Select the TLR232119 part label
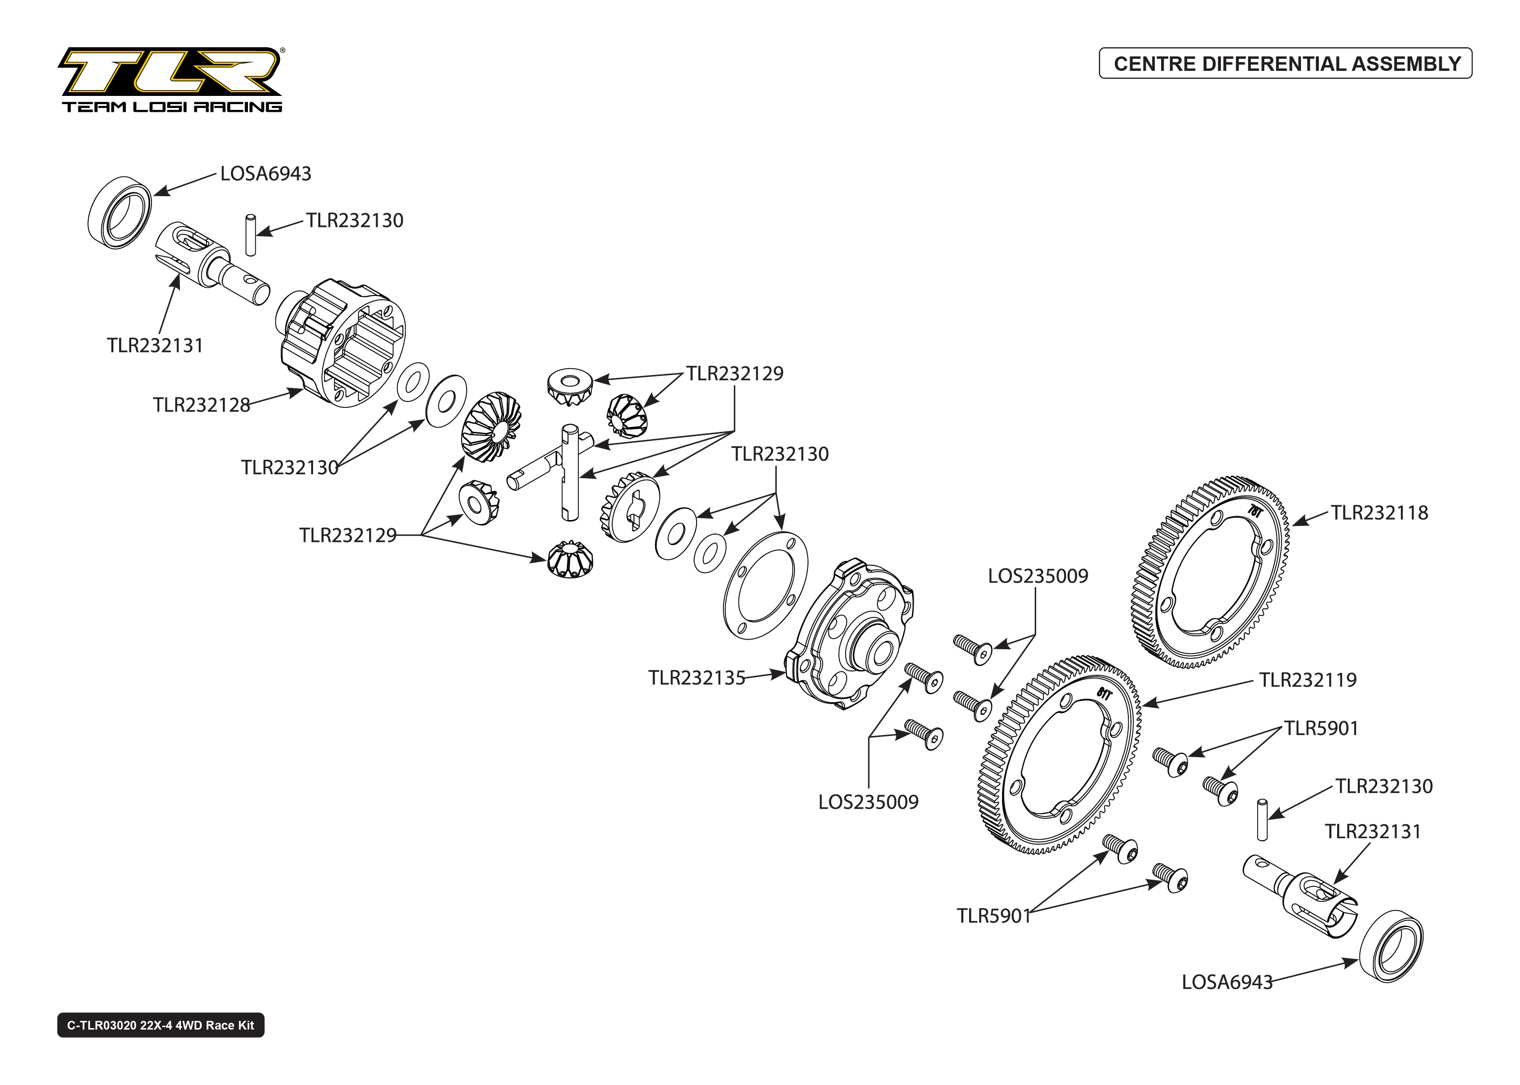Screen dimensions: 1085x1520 coord(1307,680)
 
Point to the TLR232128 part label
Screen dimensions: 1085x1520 coord(201,405)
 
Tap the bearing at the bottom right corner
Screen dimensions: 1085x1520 coord(1392,945)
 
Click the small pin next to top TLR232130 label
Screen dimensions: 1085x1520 coord(251,235)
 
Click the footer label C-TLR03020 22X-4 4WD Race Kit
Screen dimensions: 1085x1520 coord(161,1026)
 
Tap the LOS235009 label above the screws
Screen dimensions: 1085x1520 coord(1038,576)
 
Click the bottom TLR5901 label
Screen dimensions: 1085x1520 coord(994,916)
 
